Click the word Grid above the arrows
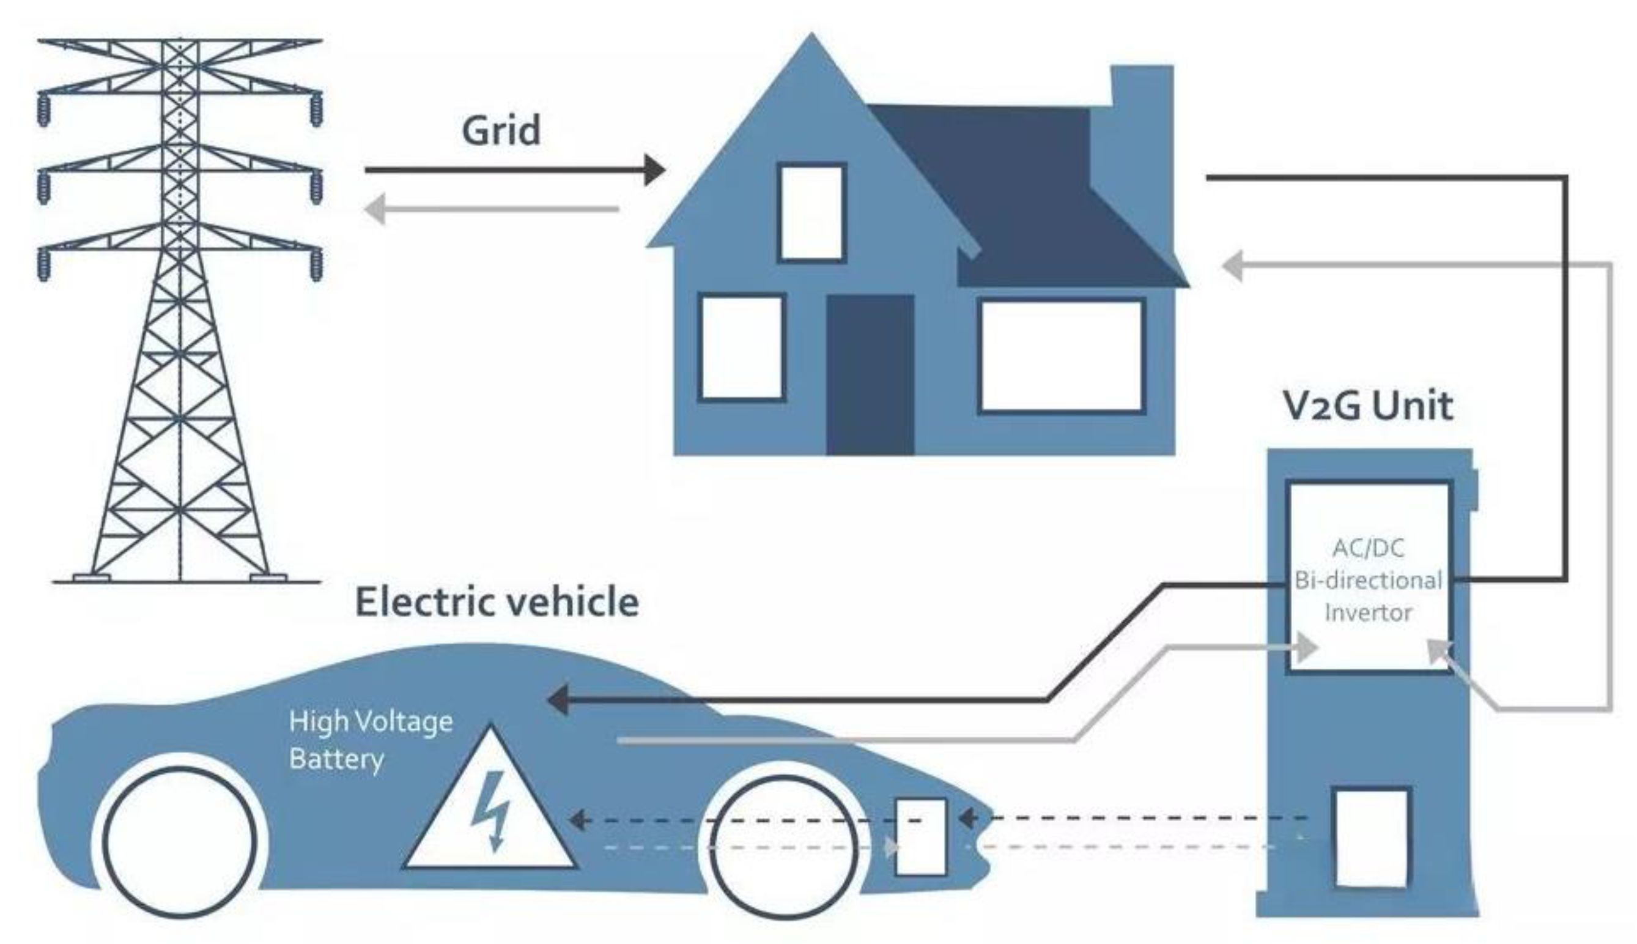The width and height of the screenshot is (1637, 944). pos(500,131)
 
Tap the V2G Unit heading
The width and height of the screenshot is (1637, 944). pos(1367,406)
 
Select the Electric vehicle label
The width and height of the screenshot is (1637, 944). pos(497,603)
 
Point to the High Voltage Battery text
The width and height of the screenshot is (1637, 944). pos(370,740)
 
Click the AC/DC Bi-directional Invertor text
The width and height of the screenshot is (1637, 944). pos(1368,580)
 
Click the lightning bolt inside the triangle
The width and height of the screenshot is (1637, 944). pos(491,810)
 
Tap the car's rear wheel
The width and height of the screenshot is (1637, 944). pos(181,842)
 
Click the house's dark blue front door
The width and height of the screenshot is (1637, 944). pos(870,375)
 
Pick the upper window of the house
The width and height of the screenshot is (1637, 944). pos(811,213)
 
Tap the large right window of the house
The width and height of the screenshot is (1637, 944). pos(1062,355)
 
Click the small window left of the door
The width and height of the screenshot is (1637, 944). pos(742,347)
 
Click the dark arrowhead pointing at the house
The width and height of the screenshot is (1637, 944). pos(654,171)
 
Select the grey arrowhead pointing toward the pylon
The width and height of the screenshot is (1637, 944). pos(375,209)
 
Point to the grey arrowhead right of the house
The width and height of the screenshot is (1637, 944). pos(1232,265)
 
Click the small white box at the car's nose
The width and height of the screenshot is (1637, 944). pos(920,836)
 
